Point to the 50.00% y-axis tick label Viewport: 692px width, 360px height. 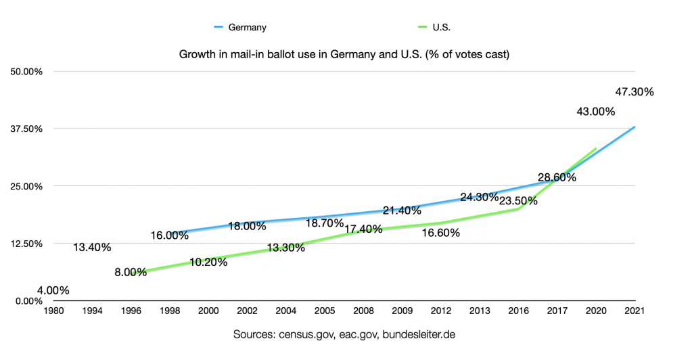[x=25, y=71]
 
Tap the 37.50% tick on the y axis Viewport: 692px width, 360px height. [x=25, y=129]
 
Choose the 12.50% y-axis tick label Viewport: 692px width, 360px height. [x=25, y=244]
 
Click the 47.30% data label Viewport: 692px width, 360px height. [x=635, y=92]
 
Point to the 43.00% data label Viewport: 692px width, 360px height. [x=595, y=112]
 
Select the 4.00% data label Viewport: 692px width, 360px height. [x=53, y=291]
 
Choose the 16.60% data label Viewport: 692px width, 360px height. [x=440, y=233]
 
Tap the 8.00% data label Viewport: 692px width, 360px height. [x=131, y=273]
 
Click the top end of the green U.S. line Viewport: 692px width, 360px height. [x=596, y=148]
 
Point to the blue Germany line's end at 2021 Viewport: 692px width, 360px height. [x=635, y=127]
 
